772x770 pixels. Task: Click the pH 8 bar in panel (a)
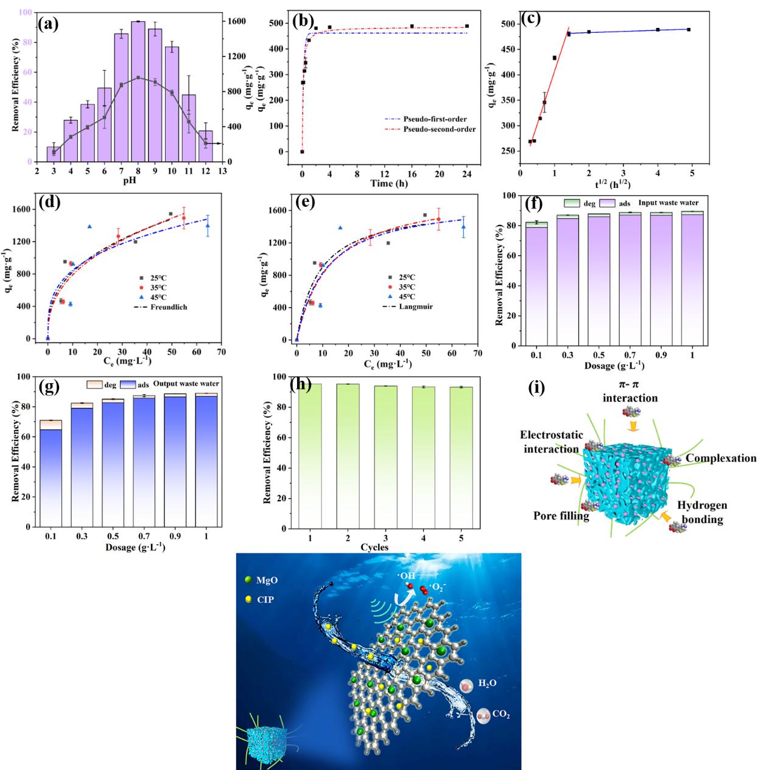tap(138, 92)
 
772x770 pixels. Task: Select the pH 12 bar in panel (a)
tap(206, 146)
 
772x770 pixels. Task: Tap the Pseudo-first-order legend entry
tap(426, 119)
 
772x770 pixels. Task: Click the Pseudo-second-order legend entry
tap(430, 130)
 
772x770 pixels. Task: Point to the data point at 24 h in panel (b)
tap(467, 26)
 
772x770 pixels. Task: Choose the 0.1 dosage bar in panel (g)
tap(51, 473)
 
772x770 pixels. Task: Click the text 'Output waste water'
tap(186, 384)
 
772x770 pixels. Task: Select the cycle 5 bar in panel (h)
tap(461, 457)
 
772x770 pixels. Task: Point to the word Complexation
tap(721, 459)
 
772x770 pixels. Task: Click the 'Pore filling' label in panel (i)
tap(561, 516)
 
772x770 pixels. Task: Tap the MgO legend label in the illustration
tap(267, 580)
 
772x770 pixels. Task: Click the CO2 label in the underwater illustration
tap(501, 715)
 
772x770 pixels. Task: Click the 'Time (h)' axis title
tap(389, 184)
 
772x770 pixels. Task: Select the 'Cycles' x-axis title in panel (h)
tap(374, 547)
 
